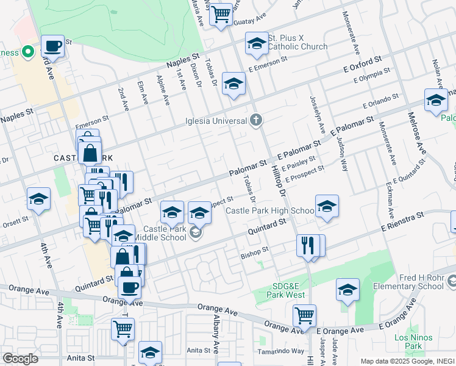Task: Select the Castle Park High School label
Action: [269, 211]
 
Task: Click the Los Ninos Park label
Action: [413, 342]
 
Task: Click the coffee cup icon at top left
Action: [53, 46]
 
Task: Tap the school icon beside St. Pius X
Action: [257, 43]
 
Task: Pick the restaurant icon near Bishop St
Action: [308, 245]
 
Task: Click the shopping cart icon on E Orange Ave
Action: [304, 315]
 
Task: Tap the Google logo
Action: [20, 359]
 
